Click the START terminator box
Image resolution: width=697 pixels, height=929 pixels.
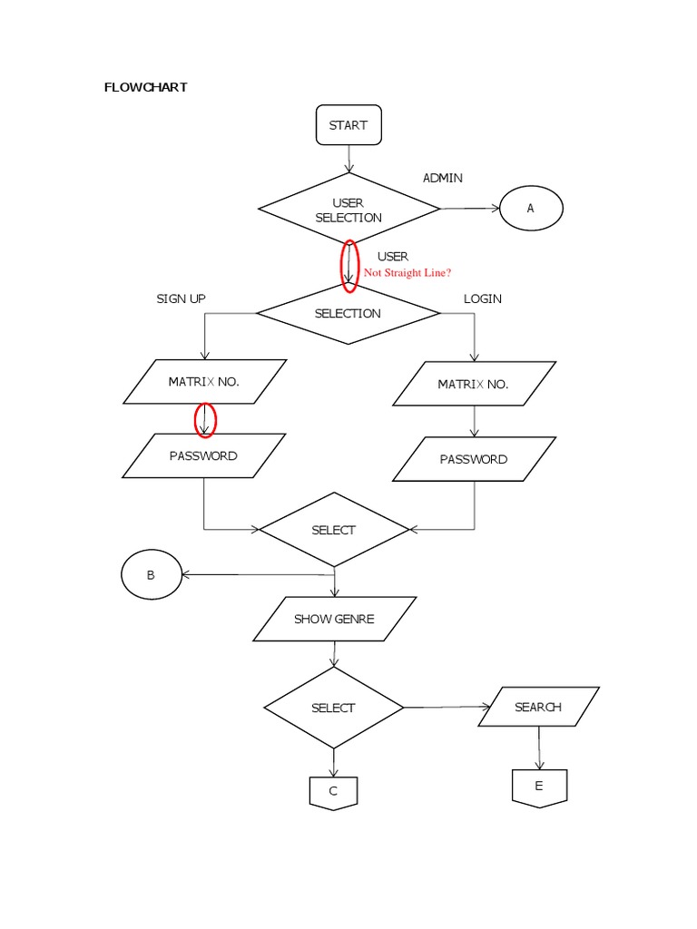click(348, 125)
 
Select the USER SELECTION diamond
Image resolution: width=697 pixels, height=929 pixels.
click(348, 210)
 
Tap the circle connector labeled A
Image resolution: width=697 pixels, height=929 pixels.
click(531, 209)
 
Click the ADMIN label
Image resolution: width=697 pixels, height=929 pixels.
click(443, 178)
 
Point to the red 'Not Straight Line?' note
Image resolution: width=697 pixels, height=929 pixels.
click(407, 272)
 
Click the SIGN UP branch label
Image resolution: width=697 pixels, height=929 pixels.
click(181, 298)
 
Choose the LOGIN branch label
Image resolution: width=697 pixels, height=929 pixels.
click(482, 298)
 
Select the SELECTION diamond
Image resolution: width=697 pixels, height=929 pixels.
click(348, 313)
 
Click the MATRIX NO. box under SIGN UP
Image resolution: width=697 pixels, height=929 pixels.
click(204, 382)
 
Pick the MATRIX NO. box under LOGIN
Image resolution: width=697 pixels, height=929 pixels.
click(474, 384)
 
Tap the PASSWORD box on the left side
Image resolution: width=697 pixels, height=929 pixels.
click(203, 455)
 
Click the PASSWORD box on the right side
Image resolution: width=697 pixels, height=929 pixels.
click(474, 459)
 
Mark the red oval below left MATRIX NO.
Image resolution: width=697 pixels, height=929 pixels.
click(206, 420)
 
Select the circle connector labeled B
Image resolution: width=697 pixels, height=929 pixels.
click(152, 575)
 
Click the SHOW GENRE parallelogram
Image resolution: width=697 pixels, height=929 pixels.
click(334, 619)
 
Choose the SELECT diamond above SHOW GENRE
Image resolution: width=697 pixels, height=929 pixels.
click(334, 530)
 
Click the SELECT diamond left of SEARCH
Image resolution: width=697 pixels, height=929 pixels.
click(334, 708)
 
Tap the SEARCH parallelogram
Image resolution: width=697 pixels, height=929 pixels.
click(538, 707)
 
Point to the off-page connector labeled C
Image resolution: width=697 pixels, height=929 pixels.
click(333, 792)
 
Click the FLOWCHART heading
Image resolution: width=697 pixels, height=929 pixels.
click(146, 88)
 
